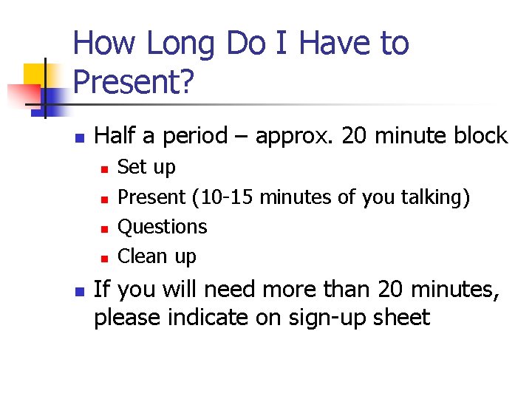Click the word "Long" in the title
(x=180, y=44)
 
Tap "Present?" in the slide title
(x=134, y=83)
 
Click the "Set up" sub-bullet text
(x=147, y=168)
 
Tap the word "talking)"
(x=435, y=197)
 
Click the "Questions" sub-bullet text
(x=163, y=227)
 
